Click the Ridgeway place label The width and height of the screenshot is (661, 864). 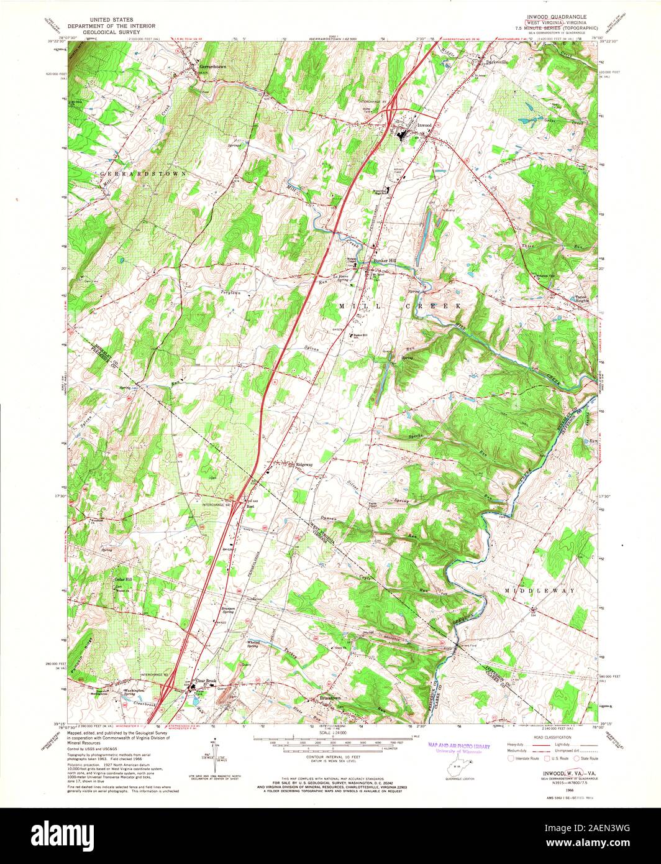(x=305, y=464)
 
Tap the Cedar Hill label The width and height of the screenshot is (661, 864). (x=123, y=579)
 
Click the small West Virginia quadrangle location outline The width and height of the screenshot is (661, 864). (x=458, y=771)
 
